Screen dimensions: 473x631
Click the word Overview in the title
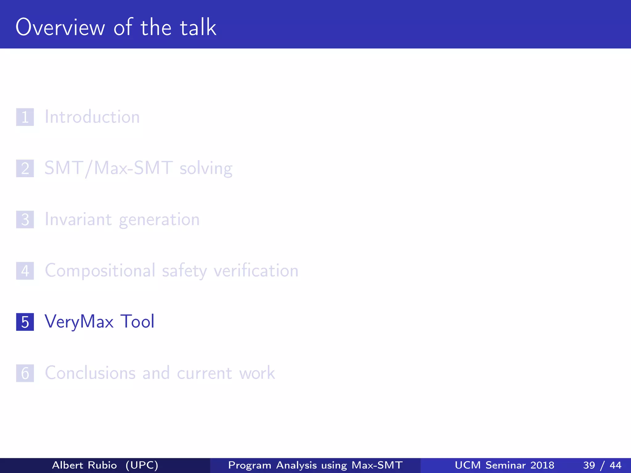[x=60, y=27]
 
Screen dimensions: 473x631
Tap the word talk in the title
[x=198, y=27]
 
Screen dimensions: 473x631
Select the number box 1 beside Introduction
[x=25, y=117]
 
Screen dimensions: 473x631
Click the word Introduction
[x=92, y=117]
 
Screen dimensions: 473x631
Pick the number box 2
[x=25, y=168]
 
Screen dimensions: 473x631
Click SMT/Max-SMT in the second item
[x=108, y=168]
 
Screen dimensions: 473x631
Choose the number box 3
[x=25, y=220]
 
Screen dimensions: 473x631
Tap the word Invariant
[x=78, y=220]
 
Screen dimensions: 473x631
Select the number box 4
[x=25, y=271]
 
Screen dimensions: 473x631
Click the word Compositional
[x=100, y=271]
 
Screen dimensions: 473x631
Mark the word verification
[x=256, y=271]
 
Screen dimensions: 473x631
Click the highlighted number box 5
[x=25, y=322]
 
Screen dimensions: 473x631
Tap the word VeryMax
[x=79, y=322]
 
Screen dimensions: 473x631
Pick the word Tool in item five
[x=137, y=321]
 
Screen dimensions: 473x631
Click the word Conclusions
[x=90, y=373]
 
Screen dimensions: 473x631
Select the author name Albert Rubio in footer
[x=84, y=465]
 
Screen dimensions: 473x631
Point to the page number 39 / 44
[x=602, y=465]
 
